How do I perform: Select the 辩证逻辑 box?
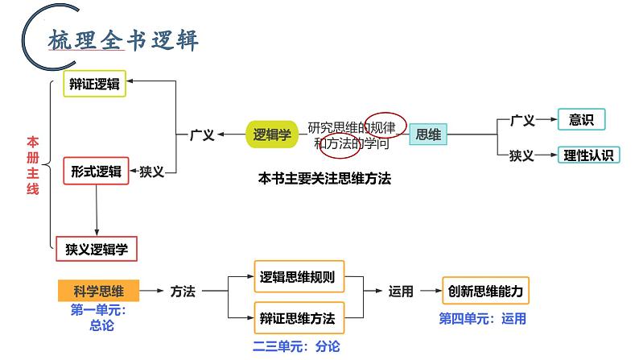[x=94, y=84]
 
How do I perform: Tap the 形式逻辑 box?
[x=95, y=171]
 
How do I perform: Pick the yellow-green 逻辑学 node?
[x=271, y=134]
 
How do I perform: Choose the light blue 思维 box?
[x=429, y=135]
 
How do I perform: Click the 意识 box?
[x=580, y=120]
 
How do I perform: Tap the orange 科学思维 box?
[x=98, y=291]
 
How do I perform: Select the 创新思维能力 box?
[x=486, y=291]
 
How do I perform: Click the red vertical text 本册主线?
[x=32, y=164]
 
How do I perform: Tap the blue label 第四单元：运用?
[x=482, y=318]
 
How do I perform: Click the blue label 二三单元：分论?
[x=296, y=346]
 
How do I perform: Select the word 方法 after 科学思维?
[x=183, y=292]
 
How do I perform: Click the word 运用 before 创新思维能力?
[x=400, y=292]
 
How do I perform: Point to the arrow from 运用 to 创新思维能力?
[x=429, y=292]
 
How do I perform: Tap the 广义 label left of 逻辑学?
[x=202, y=135]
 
